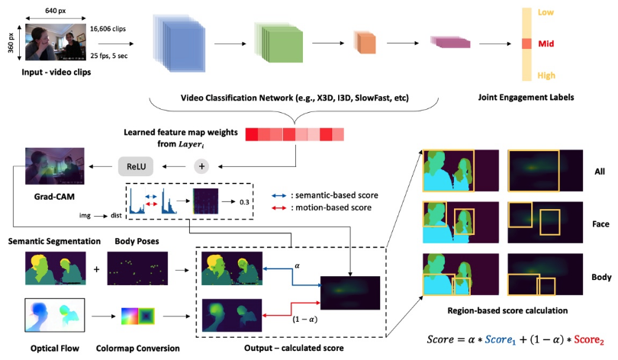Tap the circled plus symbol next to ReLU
coord(202,166)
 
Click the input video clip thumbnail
coord(54,43)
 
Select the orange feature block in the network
coord(365,43)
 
